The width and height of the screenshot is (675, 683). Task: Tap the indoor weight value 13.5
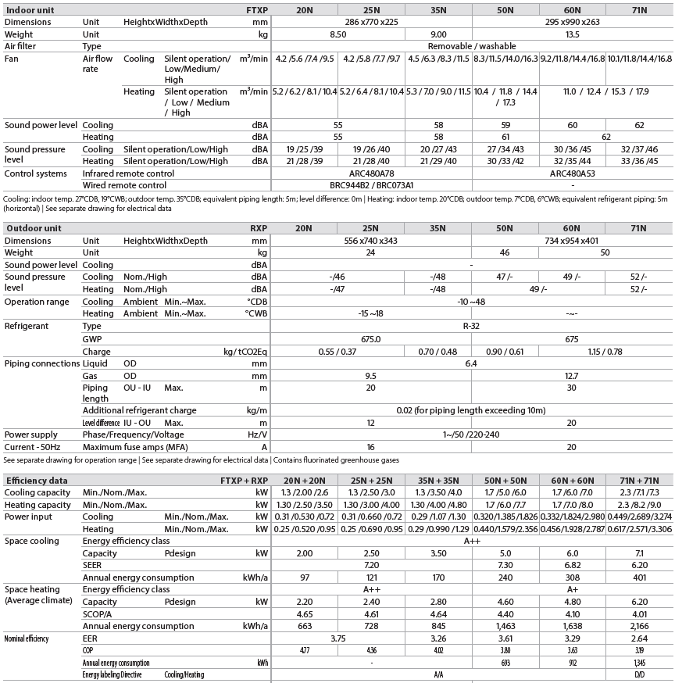572,34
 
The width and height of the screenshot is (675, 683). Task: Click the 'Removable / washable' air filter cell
472,47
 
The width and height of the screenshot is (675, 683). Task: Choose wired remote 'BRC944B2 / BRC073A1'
371,186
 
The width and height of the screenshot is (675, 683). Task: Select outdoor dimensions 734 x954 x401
572,241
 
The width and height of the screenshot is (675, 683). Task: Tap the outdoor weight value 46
505,253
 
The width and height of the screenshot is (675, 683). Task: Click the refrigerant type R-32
472,327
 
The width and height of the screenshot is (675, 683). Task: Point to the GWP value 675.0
371,339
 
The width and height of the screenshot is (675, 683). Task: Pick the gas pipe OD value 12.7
572,376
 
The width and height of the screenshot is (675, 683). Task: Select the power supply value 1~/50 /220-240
472,434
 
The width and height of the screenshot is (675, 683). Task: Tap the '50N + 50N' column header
505,481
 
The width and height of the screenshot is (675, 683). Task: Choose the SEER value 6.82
572,565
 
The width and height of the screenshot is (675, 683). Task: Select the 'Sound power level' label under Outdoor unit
41,265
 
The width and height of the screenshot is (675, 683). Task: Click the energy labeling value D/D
639,674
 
